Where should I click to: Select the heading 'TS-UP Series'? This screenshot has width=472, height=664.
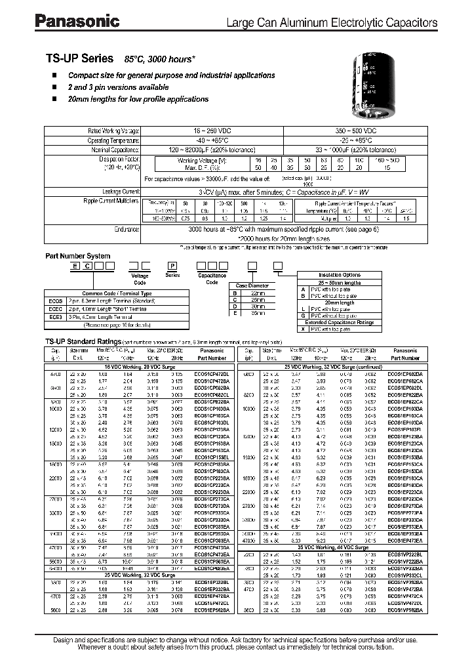click(79, 58)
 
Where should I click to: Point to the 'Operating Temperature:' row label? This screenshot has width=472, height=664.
click(113, 140)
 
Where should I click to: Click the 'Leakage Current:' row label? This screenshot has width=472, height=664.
click(122, 190)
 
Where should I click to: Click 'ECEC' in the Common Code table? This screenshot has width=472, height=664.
click(54, 308)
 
